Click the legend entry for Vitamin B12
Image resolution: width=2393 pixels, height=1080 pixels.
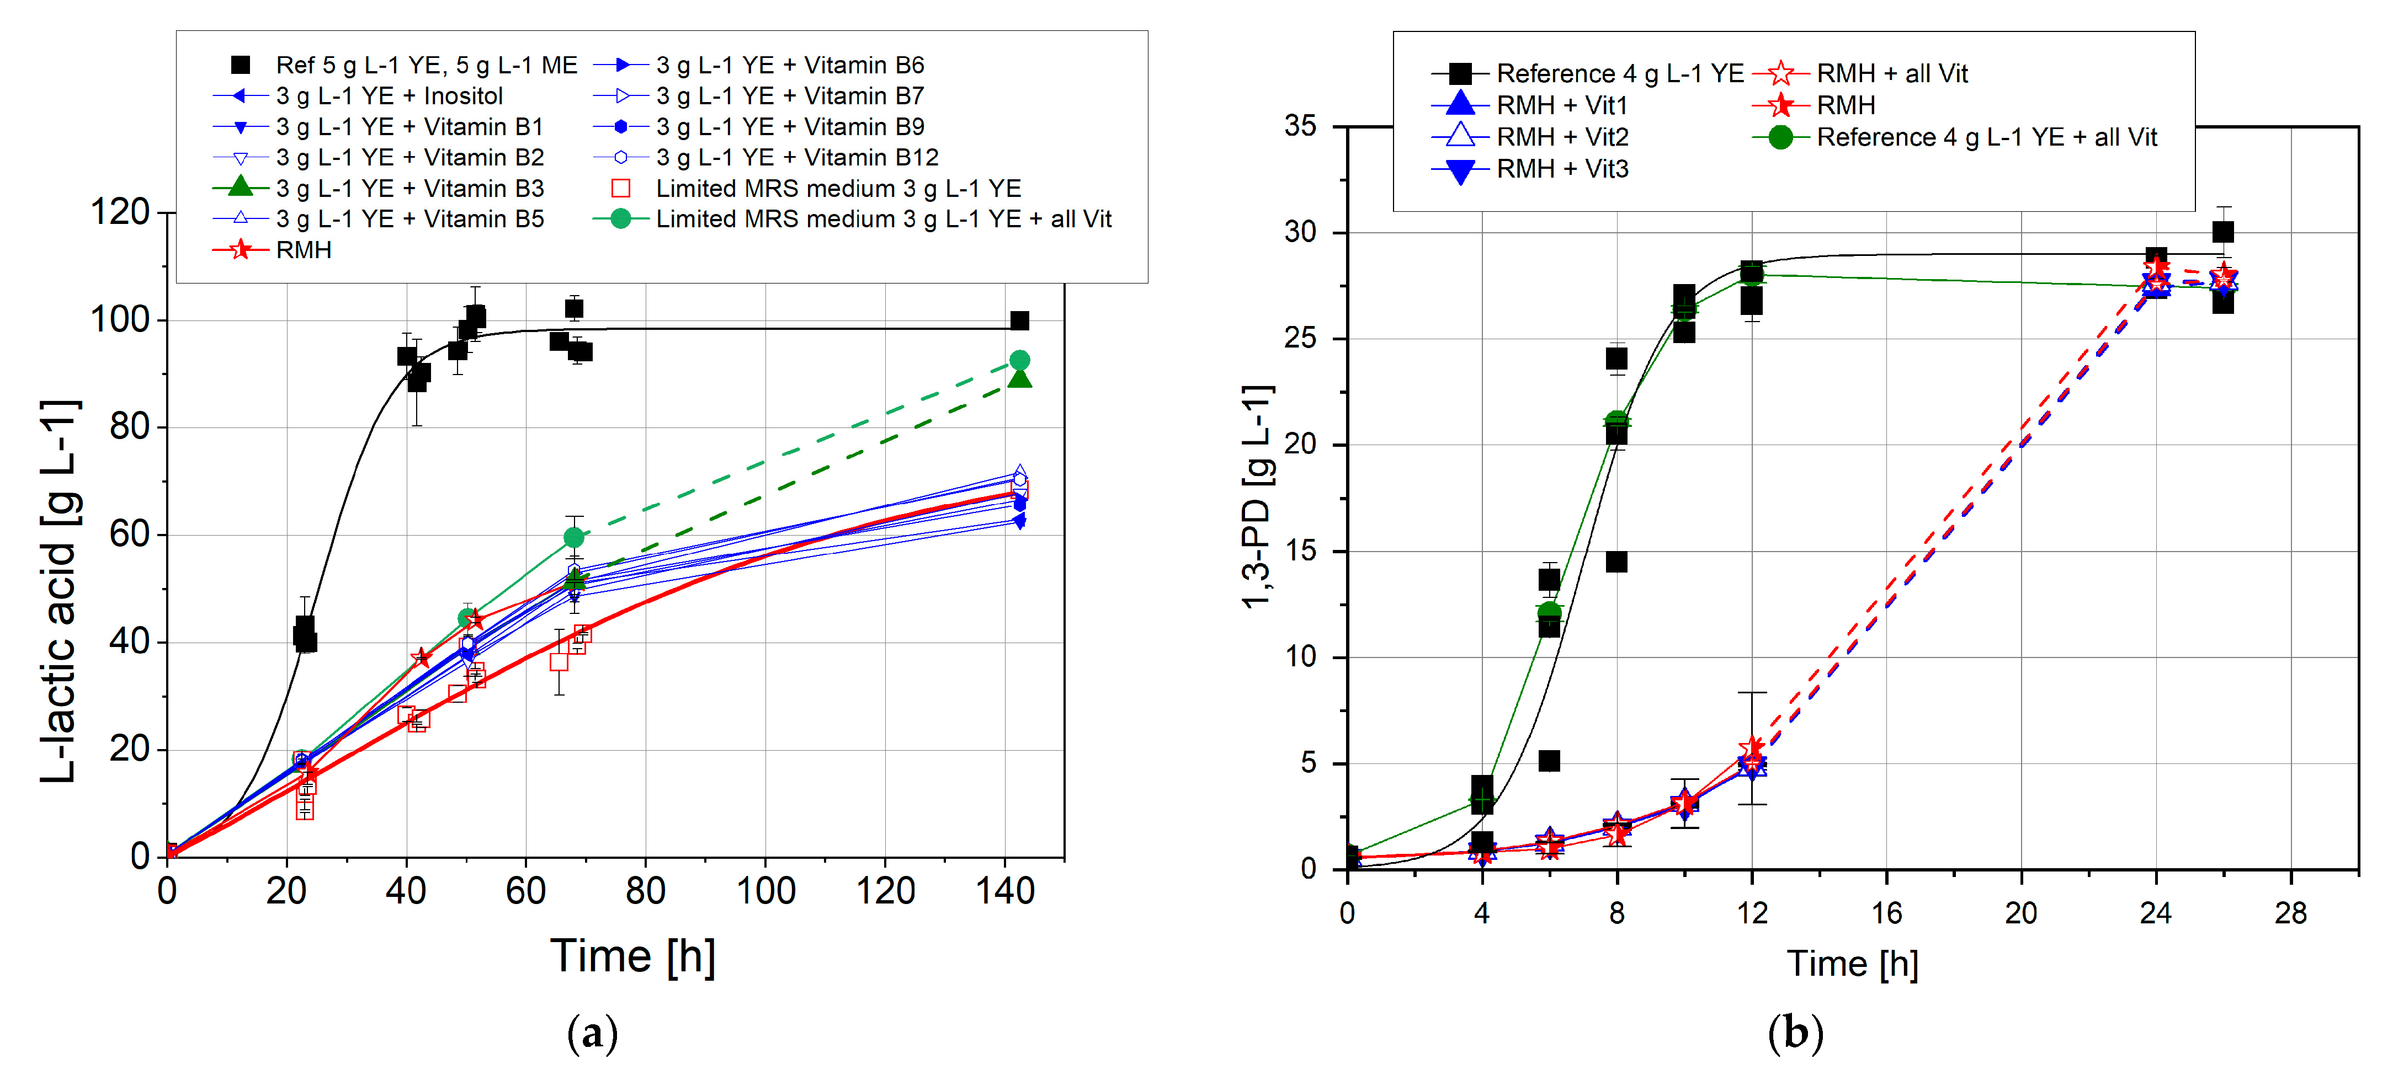(x=796, y=158)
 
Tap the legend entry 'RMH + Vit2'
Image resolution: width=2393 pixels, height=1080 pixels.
(x=1562, y=137)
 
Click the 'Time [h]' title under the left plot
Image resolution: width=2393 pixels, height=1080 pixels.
(x=632, y=956)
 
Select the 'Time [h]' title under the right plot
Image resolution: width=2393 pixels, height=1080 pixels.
(x=1852, y=964)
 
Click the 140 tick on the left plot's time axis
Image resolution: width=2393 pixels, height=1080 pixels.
(x=1005, y=891)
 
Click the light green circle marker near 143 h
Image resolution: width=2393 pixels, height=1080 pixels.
(x=1019, y=360)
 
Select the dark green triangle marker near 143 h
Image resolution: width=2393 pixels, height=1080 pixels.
(x=1019, y=378)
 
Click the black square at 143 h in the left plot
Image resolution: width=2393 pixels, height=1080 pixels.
(x=1019, y=320)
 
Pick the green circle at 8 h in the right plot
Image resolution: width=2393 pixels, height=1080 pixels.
(x=1616, y=421)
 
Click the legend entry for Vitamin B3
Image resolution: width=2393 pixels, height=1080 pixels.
(x=410, y=189)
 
